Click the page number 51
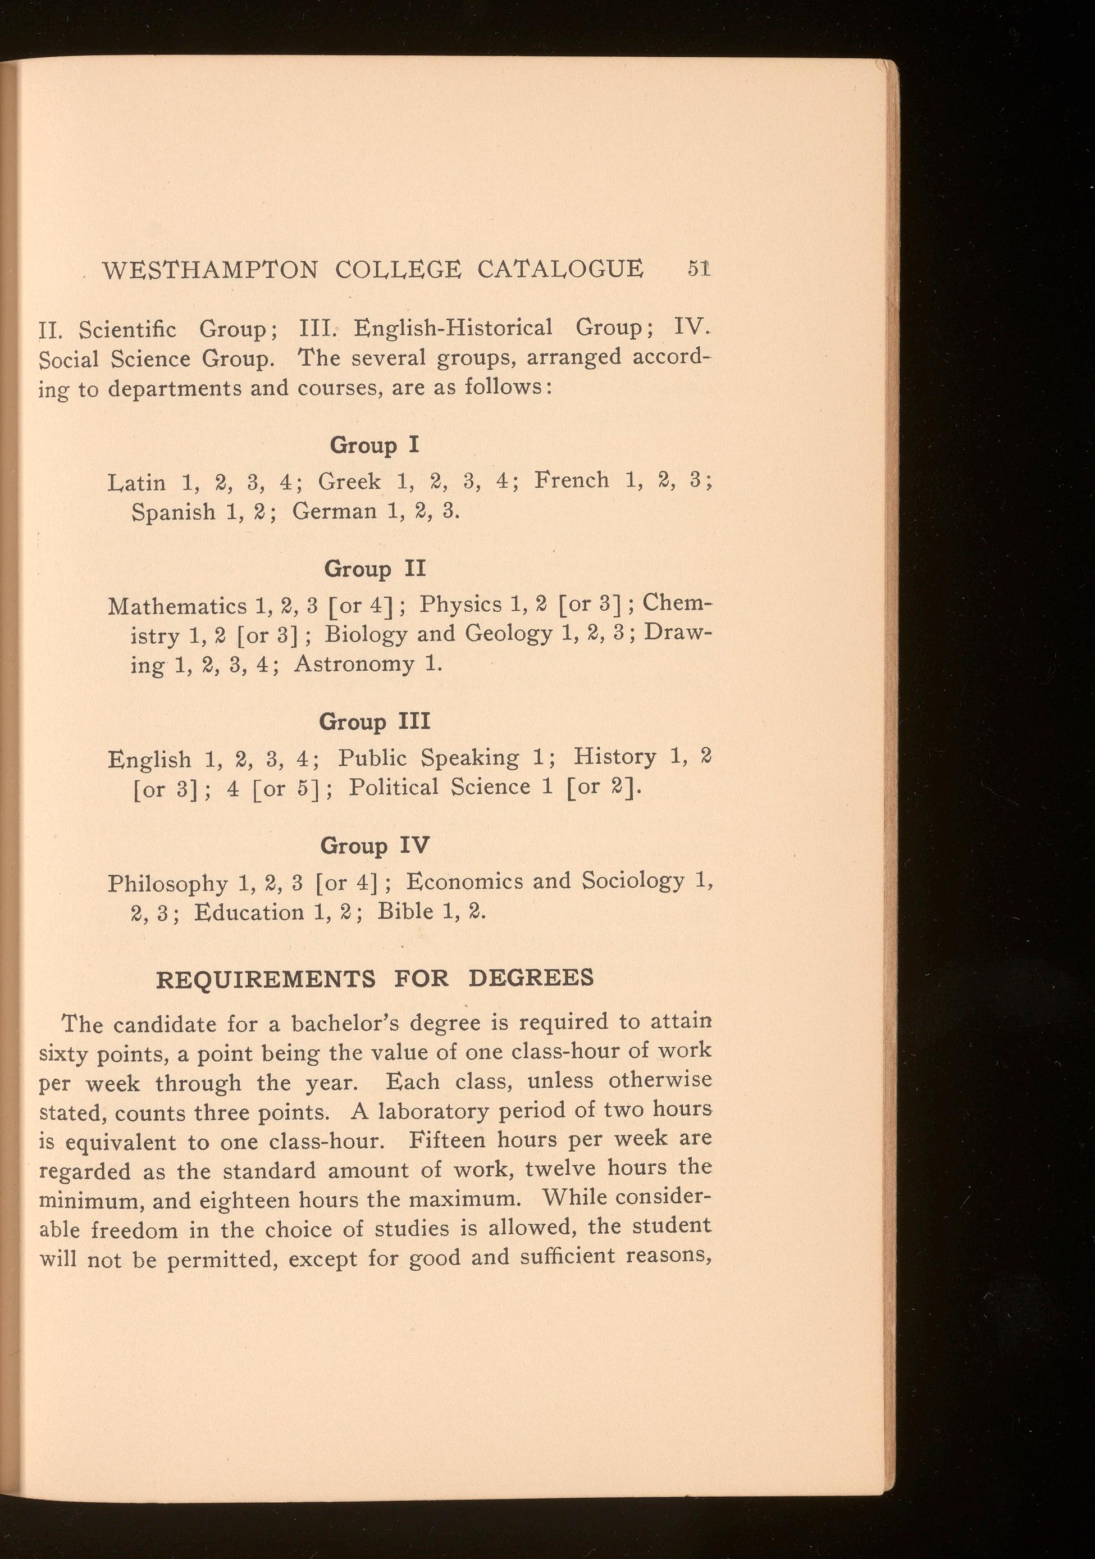(698, 267)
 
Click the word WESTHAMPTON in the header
(210, 270)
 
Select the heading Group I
(375, 446)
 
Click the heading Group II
(375, 569)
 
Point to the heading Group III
(375, 721)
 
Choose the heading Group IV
(375, 846)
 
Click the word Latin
(136, 483)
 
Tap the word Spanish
(173, 512)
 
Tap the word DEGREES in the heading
(531, 978)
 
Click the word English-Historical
(454, 328)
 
